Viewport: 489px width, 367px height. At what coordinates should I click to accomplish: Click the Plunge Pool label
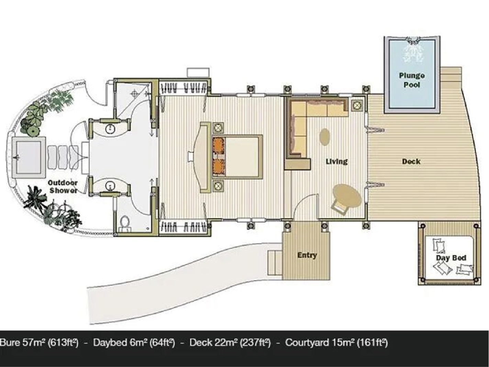(412, 80)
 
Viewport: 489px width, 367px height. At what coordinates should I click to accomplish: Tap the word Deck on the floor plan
(411, 161)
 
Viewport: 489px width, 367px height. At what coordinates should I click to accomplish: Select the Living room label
(337, 161)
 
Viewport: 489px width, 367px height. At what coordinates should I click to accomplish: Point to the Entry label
(307, 255)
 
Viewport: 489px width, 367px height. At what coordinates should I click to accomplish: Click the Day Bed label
(451, 258)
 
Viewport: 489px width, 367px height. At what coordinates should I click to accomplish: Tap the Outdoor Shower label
(63, 187)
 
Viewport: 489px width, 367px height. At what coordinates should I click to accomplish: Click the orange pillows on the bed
(219, 156)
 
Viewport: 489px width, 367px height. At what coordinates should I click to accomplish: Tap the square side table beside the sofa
(357, 105)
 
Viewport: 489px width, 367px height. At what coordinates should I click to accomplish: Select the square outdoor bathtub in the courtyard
(28, 157)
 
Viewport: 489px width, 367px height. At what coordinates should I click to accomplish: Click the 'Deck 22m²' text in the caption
(213, 343)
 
